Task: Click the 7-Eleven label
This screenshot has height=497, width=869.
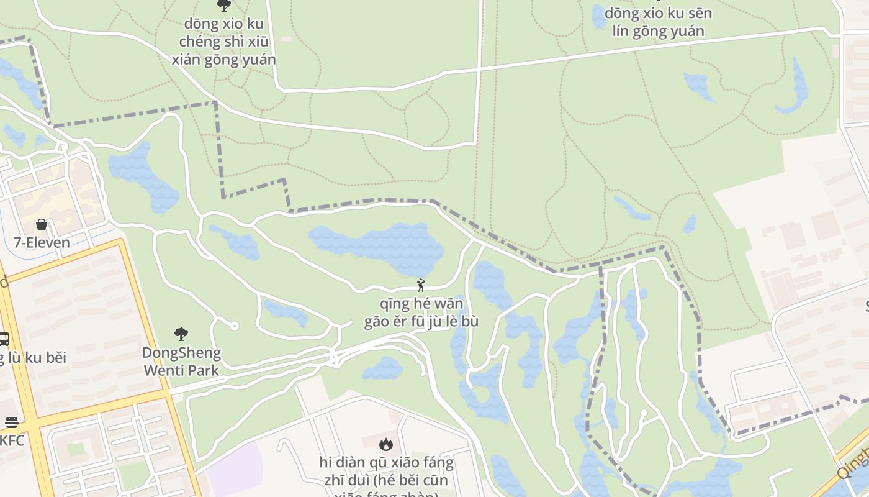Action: click(x=42, y=242)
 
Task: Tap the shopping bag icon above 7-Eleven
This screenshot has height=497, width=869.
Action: click(x=42, y=224)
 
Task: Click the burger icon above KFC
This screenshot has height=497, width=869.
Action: click(x=11, y=422)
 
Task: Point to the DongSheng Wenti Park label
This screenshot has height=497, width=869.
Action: click(x=181, y=362)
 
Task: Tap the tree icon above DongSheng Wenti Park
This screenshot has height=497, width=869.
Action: click(x=181, y=335)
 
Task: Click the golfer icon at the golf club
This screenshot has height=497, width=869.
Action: click(x=421, y=285)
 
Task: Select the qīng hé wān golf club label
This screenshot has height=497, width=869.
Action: click(x=421, y=313)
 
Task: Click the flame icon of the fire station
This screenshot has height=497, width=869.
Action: click(x=386, y=444)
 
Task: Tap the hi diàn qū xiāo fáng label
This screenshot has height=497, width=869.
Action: click(x=386, y=472)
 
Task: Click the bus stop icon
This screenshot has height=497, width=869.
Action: click(x=3, y=339)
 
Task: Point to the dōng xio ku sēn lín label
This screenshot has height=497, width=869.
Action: click(x=658, y=22)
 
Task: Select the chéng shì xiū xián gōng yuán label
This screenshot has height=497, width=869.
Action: click(x=223, y=42)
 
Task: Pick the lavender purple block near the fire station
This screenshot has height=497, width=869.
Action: click(x=233, y=469)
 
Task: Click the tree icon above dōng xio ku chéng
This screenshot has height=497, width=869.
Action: click(x=223, y=6)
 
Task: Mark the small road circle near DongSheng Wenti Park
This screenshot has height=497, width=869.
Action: click(x=234, y=326)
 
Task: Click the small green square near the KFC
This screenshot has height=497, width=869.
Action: click(x=76, y=449)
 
